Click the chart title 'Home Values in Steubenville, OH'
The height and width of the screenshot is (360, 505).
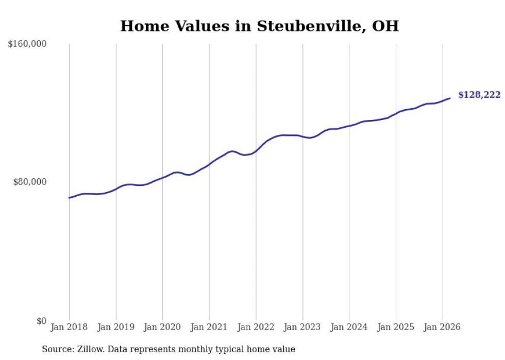(259, 26)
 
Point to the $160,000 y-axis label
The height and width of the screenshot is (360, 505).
(27, 44)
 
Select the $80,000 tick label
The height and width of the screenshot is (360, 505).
(30, 182)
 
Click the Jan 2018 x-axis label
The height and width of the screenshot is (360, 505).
(69, 327)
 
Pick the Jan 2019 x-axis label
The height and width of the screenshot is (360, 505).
(115, 327)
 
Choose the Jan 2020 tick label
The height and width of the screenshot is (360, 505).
(162, 327)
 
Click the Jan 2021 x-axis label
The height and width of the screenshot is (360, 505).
(209, 327)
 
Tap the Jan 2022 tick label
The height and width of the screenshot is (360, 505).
(256, 327)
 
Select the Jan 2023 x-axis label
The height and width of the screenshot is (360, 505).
(302, 327)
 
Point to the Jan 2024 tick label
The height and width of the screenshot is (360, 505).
(349, 327)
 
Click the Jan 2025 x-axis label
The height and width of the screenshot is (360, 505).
(396, 327)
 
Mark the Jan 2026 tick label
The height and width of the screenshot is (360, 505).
(442, 327)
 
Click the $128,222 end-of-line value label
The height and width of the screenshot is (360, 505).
(479, 95)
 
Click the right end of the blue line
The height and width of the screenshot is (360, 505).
(450, 98)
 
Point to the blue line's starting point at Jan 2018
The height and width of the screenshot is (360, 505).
(69, 198)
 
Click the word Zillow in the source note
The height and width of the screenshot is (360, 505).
(89, 349)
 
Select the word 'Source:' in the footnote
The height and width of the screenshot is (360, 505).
(57, 349)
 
